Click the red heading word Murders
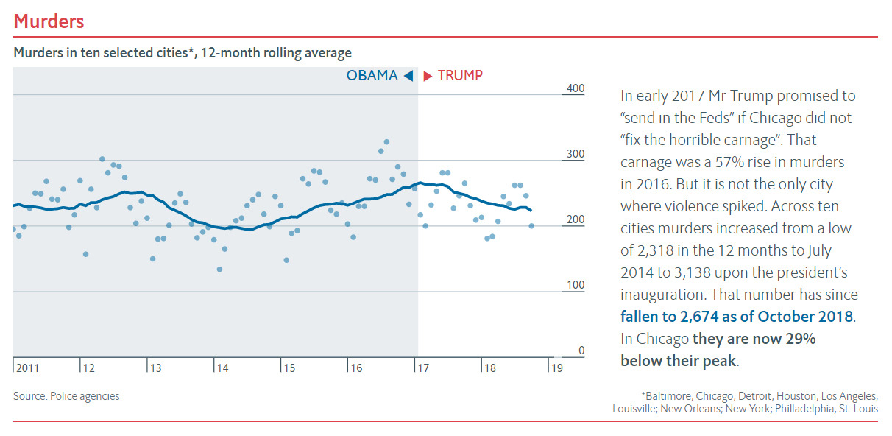click(49, 21)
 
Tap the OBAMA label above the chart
click(372, 76)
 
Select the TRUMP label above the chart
click(460, 76)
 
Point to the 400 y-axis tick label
click(575, 88)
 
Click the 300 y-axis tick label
click(575, 154)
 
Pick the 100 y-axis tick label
click(575, 285)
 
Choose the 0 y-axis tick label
click(581, 351)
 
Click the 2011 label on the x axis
click(27, 368)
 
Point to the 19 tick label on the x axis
click(556, 368)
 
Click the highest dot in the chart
click(386, 142)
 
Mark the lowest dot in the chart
click(219, 270)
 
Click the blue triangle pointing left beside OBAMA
click(408, 76)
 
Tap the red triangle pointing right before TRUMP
click(428, 76)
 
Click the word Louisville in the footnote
click(636, 409)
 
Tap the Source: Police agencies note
click(66, 396)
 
